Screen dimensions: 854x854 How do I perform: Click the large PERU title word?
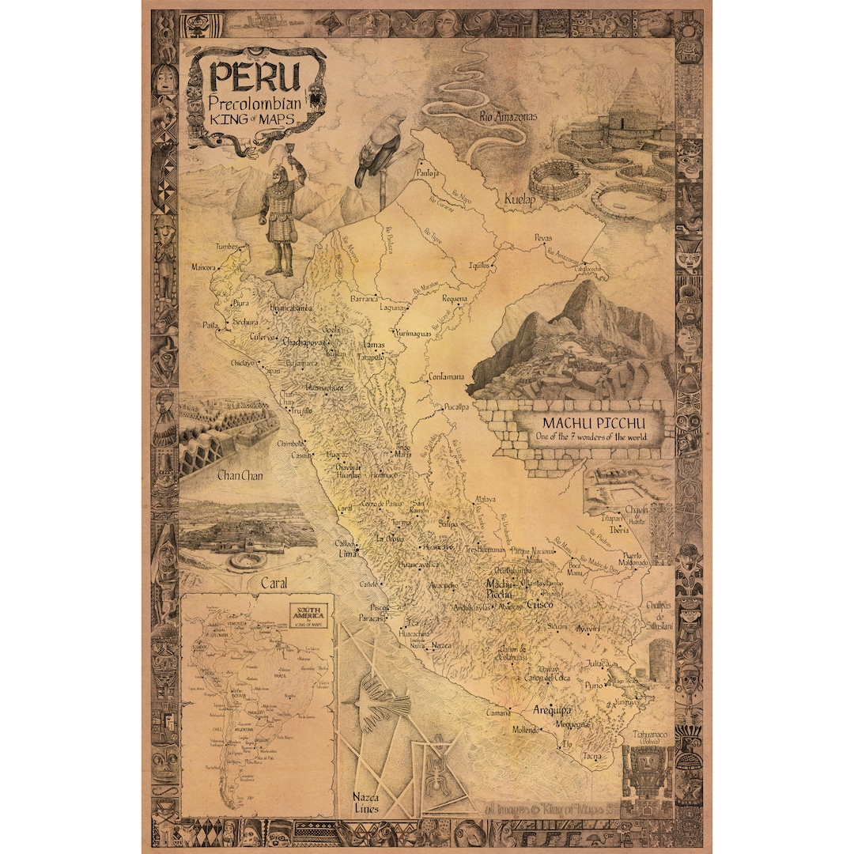click(x=255, y=77)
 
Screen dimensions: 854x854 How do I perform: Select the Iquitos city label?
click(x=481, y=266)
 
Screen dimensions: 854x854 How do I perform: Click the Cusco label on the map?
click(x=539, y=604)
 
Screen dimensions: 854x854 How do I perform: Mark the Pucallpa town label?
click(x=456, y=407)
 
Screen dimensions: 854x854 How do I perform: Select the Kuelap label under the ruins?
click(x=520, y=201)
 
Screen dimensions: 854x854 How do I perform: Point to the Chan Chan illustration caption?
click(x=240, y=476)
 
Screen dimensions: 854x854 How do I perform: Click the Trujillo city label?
click(x=301, y=411)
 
